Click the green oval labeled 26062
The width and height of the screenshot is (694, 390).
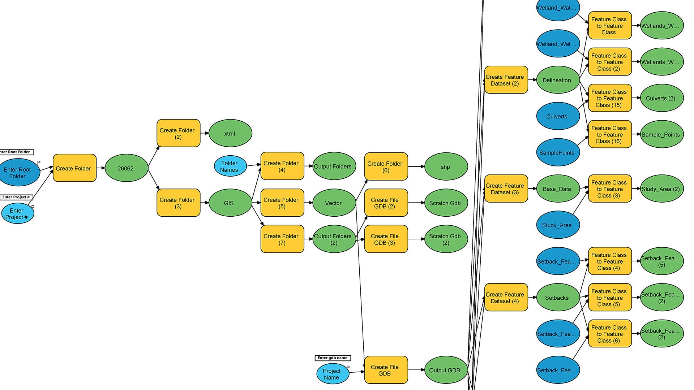(126, 168)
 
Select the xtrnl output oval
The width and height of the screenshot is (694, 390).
(230, 133)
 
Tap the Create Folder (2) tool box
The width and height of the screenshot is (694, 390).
(178, 133)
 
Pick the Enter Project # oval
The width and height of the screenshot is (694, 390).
(17, 213)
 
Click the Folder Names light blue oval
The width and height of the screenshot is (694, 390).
(230, 166)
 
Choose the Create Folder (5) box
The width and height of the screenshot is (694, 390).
(282, 203)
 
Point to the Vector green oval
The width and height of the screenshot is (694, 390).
(334, 203)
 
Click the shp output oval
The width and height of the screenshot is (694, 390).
(446, 167)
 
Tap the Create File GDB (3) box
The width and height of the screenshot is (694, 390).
(386, 239)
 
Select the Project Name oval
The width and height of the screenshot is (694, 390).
(332, 374)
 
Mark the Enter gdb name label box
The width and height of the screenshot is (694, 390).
(333, 358)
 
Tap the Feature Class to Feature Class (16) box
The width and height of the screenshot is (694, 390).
(610, 134)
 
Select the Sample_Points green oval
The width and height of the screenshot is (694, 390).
(661, 134)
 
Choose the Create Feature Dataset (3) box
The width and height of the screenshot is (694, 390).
(506, 188)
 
